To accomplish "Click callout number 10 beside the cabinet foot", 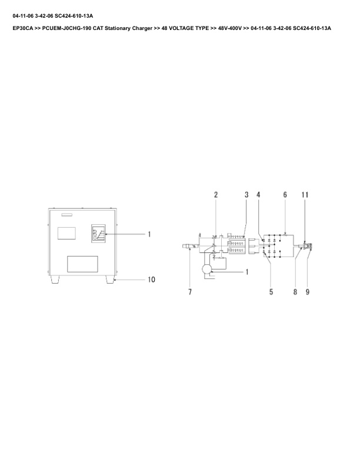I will click(151, 279).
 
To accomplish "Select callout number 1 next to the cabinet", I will click(149, 234).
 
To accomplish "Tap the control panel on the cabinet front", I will click(99, 234).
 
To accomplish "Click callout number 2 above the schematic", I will click(216, 195).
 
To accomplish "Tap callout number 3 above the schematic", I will click(246, 195).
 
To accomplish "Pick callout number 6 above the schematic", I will click(285, 195).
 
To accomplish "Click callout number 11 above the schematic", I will click(305, 195).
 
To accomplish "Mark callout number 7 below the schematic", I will click(190, 292).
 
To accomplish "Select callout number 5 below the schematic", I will click(271, 292).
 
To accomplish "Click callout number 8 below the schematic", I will click(295, 292).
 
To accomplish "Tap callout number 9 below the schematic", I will click(307, 292).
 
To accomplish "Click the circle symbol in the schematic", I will click(207, 269).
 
